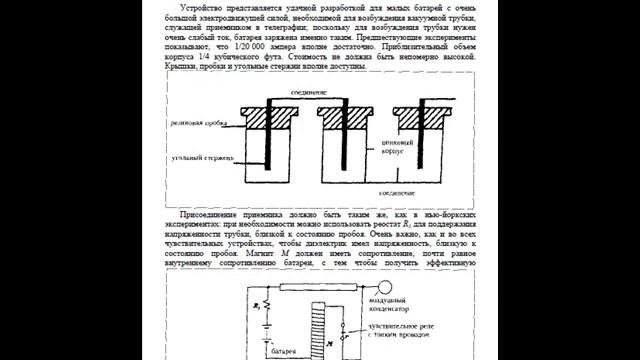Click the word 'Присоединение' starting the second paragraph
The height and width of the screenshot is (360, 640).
(209, 215)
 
